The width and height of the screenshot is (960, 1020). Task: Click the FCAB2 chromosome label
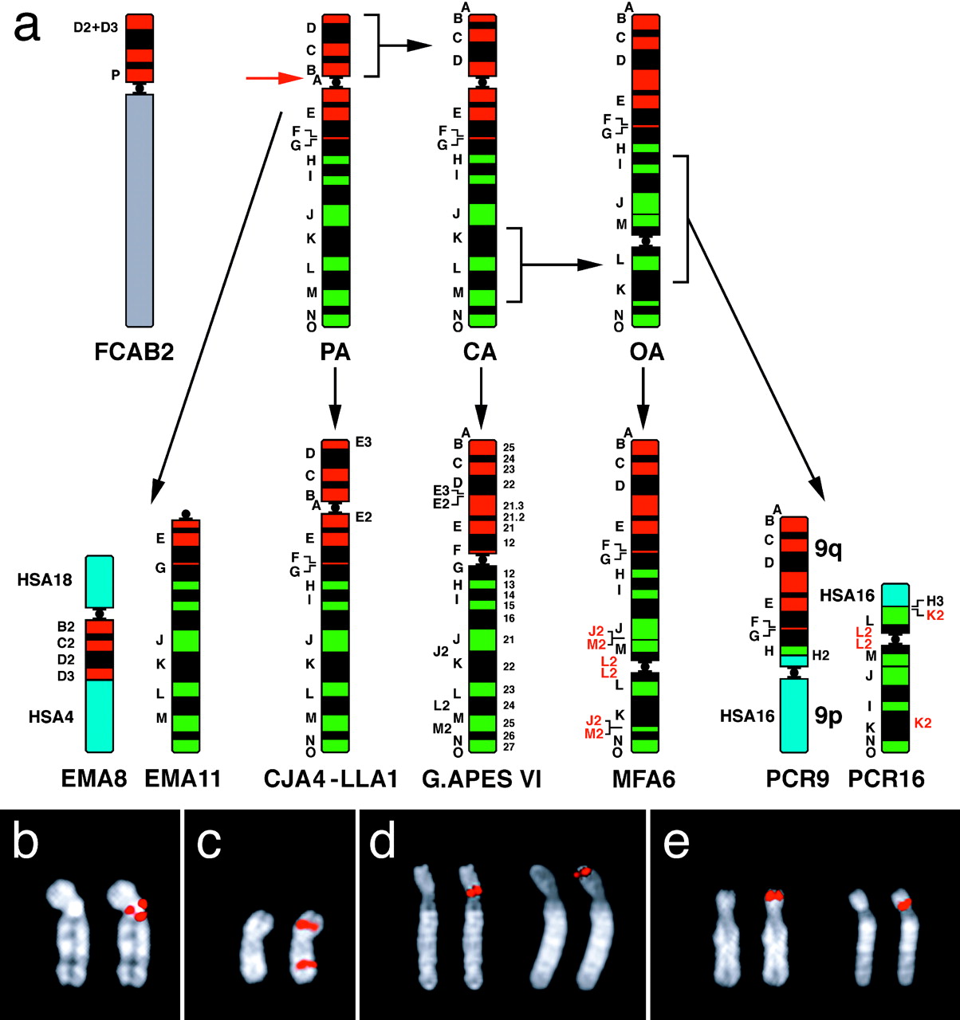click(x=134, y=351)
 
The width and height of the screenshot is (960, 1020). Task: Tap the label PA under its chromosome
click(x=335, y=351)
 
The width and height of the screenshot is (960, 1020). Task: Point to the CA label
click(x=480, y=351)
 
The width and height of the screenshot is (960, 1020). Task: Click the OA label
click(x=646, y=351)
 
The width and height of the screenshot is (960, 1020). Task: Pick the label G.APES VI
click(x=482, y=779)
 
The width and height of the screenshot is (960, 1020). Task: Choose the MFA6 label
click(x=643, y=779)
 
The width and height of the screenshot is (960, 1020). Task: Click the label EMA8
click(x=94, y=779)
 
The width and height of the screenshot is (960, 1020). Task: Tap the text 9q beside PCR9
click(x=829, y=548)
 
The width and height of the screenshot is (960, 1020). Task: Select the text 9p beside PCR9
click(x=829, y=716)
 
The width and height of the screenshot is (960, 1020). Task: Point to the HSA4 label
click(x=51, y=716)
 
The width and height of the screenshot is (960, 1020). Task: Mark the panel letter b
click(x=26, y=841)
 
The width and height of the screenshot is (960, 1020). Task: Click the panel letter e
click(x=676, y=841)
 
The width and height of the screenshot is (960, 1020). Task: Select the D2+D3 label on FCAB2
click(x=96, y=27)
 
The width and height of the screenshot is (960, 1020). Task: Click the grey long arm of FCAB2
click(x=140, y=207)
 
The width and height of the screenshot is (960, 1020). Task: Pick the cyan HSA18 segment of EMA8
click(x=99, y=582)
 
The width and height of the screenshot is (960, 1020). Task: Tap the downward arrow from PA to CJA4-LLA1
click(x=335, y=398)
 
